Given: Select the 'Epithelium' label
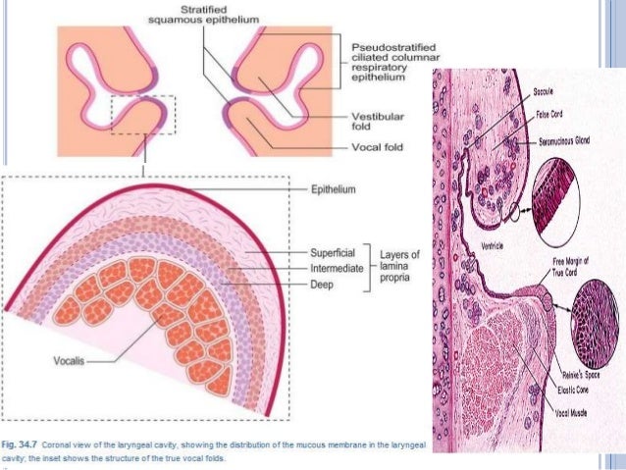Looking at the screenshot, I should point(334,189).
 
